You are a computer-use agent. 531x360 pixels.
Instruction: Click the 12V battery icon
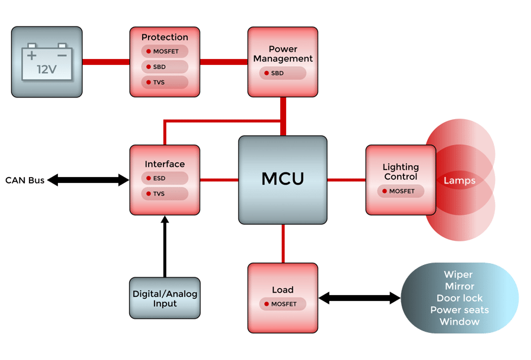47,62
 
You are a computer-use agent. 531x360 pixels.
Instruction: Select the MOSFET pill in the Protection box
165,51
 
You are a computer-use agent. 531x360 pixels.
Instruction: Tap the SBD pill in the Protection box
165,67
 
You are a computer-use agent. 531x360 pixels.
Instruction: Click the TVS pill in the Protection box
165,83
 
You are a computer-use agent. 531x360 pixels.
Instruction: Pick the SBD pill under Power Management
283,73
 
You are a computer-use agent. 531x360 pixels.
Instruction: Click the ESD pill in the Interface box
165,178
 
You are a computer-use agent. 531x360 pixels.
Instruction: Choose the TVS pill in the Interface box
165,194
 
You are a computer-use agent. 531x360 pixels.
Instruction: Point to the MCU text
283,179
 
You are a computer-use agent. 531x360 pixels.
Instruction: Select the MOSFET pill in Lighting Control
401,191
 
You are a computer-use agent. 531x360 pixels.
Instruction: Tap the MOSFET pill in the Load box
283,304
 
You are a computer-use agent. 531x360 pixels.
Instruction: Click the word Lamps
460,181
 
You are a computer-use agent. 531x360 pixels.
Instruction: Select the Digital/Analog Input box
165,298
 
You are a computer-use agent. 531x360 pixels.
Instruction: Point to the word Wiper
458,275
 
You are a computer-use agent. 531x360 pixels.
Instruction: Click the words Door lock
459,298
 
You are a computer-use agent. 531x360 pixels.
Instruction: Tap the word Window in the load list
459,322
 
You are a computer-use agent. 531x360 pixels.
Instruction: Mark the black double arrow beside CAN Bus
88,180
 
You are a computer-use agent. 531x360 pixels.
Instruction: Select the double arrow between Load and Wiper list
359,298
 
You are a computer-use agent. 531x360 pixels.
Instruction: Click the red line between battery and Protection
106,62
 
